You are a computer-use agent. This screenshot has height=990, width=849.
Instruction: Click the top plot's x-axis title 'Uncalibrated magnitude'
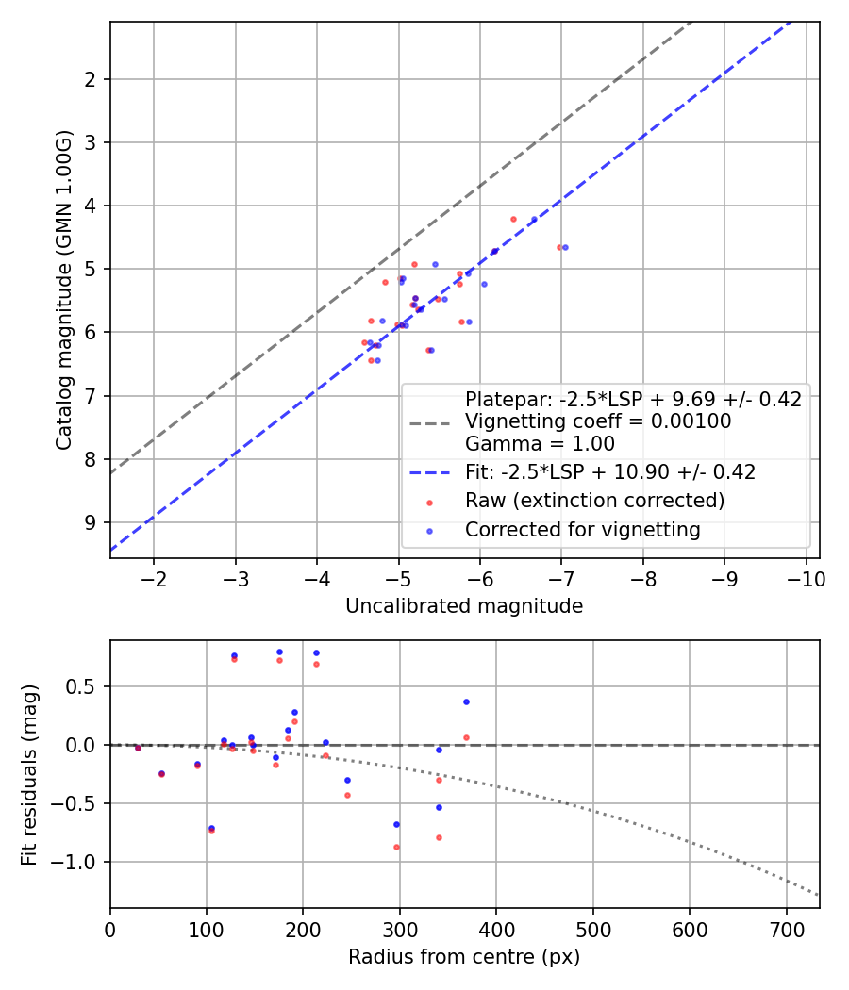coord(464,606)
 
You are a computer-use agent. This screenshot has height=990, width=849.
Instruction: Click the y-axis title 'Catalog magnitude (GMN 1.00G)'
coord(63,289)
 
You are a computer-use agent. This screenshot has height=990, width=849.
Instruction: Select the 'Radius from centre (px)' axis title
coord(464,957)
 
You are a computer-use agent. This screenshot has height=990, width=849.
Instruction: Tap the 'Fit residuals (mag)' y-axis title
coord(29,774)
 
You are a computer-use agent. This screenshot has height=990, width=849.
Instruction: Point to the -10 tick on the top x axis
coord(807,577)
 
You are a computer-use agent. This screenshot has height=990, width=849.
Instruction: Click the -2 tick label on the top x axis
coord(154,577)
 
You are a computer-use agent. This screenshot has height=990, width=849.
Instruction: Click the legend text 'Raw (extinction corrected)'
coord(594,500)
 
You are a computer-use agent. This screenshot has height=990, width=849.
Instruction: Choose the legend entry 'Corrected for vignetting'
coord(582,530)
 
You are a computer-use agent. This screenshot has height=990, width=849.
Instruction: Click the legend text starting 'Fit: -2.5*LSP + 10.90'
coord(609,470)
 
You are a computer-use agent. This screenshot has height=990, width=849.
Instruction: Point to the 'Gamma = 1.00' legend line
coord(540,444)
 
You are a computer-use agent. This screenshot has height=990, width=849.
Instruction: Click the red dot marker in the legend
coord(431,501)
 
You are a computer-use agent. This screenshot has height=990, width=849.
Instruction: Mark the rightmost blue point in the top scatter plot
coord(565,247)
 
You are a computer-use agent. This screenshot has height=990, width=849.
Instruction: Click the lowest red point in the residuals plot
coord(396,847)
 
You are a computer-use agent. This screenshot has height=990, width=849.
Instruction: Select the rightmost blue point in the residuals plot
coord(466,701)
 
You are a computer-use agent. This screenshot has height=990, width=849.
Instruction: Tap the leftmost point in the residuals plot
coord(138,748)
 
